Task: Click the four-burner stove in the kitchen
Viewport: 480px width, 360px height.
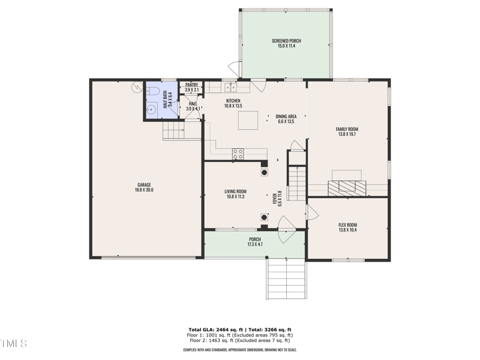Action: pos(238,154)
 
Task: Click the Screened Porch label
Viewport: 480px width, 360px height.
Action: pos(286,41)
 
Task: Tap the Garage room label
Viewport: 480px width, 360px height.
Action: pos(144,185)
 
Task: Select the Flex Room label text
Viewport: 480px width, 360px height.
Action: pos(347,225)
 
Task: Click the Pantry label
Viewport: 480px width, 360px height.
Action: pos(192,85)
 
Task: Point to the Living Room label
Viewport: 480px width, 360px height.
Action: pos(236,191)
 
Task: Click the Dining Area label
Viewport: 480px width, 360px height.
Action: pos(286,116)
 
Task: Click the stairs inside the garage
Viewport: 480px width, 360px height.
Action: pos(173,130)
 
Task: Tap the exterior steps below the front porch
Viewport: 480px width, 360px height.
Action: pos(286,278)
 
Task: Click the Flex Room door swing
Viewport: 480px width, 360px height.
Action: pos(312,213)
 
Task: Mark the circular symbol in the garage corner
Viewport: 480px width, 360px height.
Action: pos(137,88)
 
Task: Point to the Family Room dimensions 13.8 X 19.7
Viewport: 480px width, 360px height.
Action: pos(347,134)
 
